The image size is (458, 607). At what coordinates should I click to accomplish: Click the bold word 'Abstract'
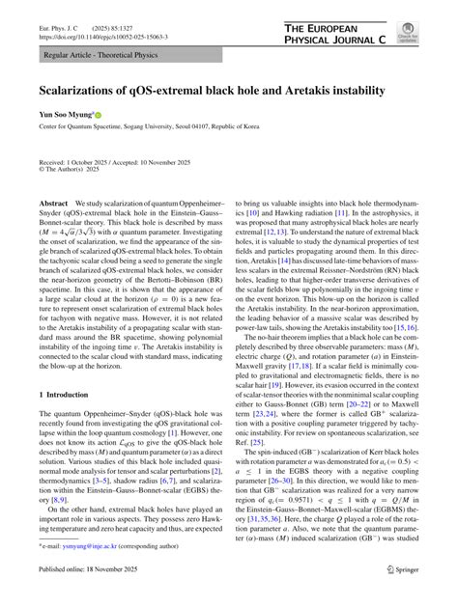click(54, 205)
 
